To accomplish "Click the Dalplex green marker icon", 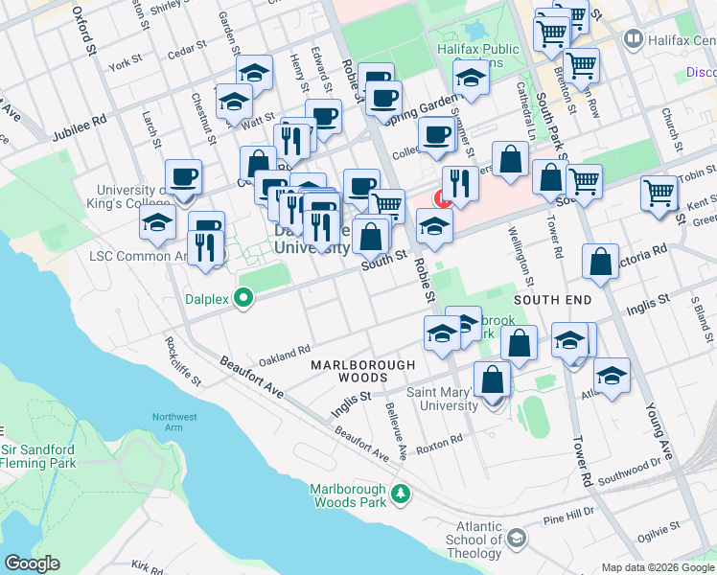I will point(243,299).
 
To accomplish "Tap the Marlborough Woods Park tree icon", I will point(401,495).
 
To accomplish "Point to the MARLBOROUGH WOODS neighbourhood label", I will point(363,372).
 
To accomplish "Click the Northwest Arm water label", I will point(173,423).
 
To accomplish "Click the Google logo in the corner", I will point(32,563).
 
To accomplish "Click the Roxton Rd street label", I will point(440,441).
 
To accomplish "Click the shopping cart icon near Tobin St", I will point(659,194).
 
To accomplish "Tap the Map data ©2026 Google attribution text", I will point(657,567).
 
